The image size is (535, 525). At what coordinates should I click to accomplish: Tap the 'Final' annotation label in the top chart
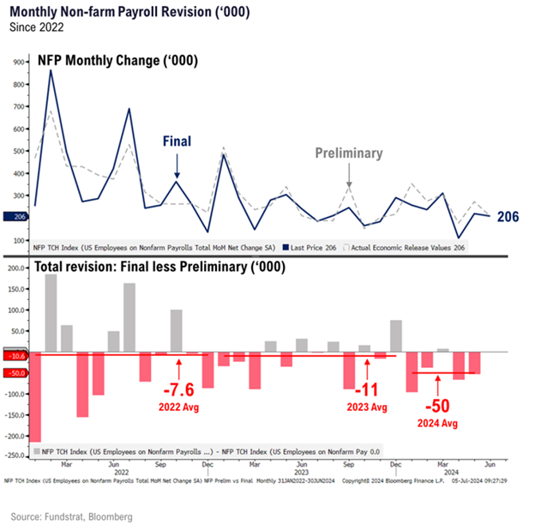click(177, 142)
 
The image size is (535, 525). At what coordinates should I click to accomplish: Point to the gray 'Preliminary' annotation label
click(348, 153)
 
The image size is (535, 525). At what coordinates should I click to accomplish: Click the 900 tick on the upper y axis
click(17, 63)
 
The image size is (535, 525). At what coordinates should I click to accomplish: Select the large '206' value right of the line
click(508, 217)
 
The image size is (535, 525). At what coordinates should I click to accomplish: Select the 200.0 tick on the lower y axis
click(15, 269)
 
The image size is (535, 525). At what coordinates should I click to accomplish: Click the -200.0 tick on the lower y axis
click(15, 435)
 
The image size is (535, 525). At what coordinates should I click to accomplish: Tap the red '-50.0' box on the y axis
click(15, 372)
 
